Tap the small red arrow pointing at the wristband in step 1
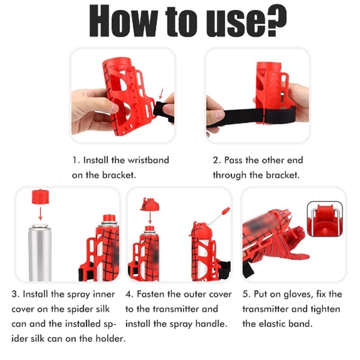161,94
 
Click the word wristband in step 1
148,160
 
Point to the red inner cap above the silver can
40,197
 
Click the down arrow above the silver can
40,214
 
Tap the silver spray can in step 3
40,252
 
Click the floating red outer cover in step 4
149,204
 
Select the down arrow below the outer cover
150,218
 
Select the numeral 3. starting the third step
15,294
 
